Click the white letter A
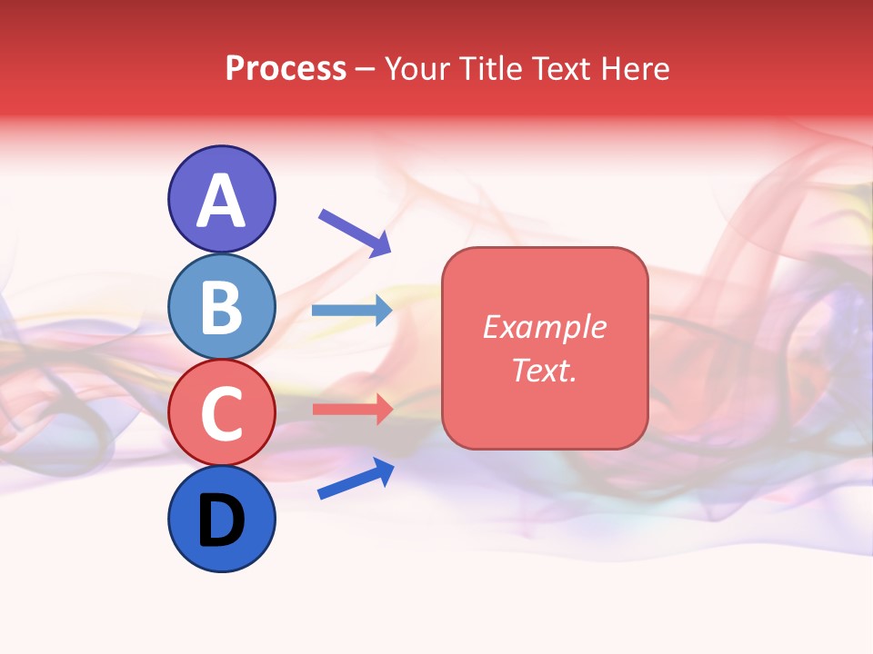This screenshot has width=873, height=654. tap(222, 202)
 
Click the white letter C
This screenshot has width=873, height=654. tap(222, 413)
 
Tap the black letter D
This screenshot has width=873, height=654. tap(222, 521)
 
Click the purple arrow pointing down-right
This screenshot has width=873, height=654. tap(354, 232)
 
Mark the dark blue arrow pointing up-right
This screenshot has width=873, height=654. tap(356, 479)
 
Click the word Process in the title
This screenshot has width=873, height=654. tap(286, 69)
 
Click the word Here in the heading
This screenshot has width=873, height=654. tap(636, 69)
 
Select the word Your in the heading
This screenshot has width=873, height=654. tap(417, 69)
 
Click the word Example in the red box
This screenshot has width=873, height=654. tap(544, 327)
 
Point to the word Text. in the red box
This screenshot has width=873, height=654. tap(544, 370)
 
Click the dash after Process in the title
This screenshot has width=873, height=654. tap(366, 70)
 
